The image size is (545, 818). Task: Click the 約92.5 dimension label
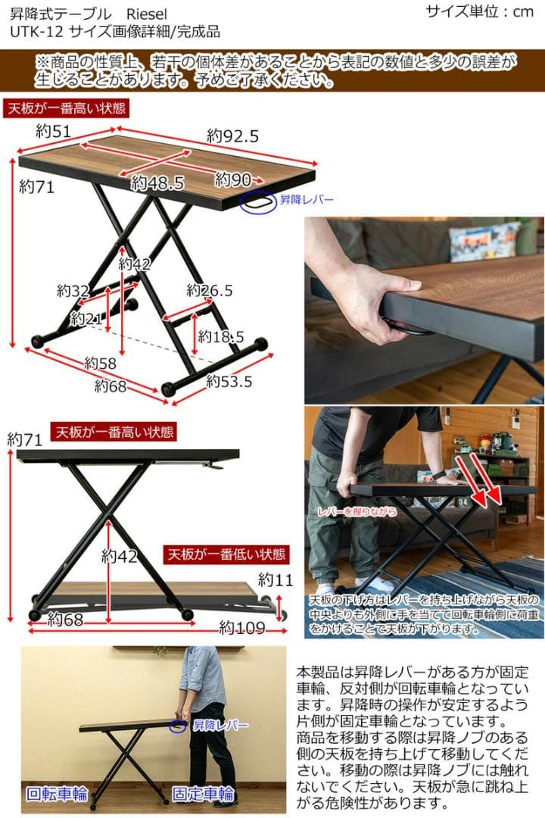(x=233, y=136)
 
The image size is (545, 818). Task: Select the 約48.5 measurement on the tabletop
(x=157, y=183)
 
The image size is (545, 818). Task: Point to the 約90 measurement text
(x=233, y=180)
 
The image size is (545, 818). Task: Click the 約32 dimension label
(x=73, y=291)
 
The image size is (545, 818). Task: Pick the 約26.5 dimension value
(x=210, y=291)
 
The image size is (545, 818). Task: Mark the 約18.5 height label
(x=221, y=336)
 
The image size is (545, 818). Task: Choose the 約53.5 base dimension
(x=229, y=381)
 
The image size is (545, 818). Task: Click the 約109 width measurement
(x=242, y=627)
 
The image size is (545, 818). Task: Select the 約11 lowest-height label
(x=274, y=581)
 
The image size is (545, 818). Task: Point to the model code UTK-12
(x=37, y=32)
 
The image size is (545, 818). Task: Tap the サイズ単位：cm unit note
(x=479, y=11)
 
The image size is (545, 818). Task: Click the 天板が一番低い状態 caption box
(x=226, y=554)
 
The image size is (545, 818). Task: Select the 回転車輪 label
(x=57, y=795)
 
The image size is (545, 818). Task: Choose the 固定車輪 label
(x=203, y=795)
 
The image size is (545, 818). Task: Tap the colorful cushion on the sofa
(x=484, y=242)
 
